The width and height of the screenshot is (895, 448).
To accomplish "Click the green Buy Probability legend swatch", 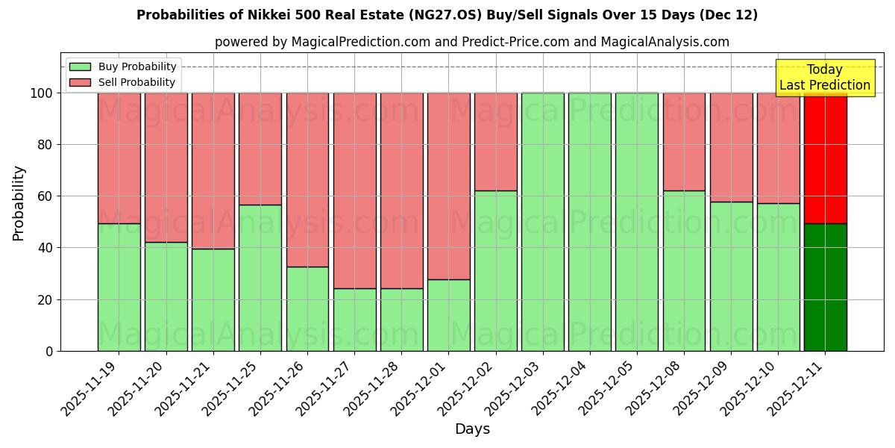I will (x=80, y=67).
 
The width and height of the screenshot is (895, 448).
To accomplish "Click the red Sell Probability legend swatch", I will (x=80, y=83).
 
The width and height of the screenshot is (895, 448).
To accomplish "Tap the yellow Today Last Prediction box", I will (x=824, y=78).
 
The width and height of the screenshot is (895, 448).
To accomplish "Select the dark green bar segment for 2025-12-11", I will (x=825, y=287).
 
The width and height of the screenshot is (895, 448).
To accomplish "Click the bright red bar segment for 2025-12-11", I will (x=825, y=158).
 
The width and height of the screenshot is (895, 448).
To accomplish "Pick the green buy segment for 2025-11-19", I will (x=119, y=287).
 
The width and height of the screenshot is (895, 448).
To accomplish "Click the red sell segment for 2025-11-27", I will (x=354, y=190).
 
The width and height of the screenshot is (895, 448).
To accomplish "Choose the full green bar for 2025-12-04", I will (x=589, y=222).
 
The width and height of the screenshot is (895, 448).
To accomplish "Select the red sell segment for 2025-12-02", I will (x=495, y=142).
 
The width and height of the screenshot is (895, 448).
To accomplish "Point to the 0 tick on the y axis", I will (x=50, y=351).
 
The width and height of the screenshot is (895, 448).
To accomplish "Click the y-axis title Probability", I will (x=19, y=203).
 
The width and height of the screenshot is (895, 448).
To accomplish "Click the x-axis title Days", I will (x=472, y=429).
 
